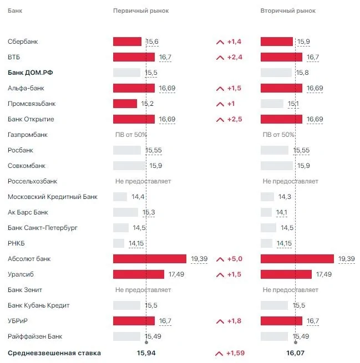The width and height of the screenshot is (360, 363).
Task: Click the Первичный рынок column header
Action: (x=141, y=11)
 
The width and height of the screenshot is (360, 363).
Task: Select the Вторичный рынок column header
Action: (x=288, y=11)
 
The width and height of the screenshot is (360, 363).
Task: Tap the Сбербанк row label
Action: (x=23, y=42)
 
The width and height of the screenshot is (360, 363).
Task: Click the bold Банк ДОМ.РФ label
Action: (x=34, y=73)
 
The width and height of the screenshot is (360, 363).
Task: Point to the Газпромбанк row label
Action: (x=28, y=135)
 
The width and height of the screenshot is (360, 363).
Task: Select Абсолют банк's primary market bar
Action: (x=150, y=259)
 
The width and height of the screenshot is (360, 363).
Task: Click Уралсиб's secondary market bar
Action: (x=286, y=274)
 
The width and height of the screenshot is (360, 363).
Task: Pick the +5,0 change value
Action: (x=235, y=259)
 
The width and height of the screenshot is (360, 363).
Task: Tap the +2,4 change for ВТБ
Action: (x=235, y=57)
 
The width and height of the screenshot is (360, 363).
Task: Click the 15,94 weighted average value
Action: (x=146, y=352)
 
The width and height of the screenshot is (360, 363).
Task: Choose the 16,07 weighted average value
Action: (x=295, y=352)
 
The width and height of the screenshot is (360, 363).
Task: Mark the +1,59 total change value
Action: (x=236, y=352)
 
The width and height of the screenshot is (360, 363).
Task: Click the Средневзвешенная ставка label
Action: (x=54, y=352)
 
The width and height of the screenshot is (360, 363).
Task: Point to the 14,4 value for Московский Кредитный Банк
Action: (x=138, y=197)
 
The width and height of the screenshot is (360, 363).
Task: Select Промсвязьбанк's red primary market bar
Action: (x=125, y=104)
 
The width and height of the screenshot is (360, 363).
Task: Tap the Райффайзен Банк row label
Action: (x=36, y=336)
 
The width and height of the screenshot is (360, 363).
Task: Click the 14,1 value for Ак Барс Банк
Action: (x=282, y=212)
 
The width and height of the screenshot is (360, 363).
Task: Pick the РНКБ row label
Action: (x=17, y=243)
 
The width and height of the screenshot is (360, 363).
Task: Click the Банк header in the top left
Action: (x=16, y=11)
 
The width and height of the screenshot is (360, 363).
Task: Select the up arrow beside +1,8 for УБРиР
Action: (x=220, y=321)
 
